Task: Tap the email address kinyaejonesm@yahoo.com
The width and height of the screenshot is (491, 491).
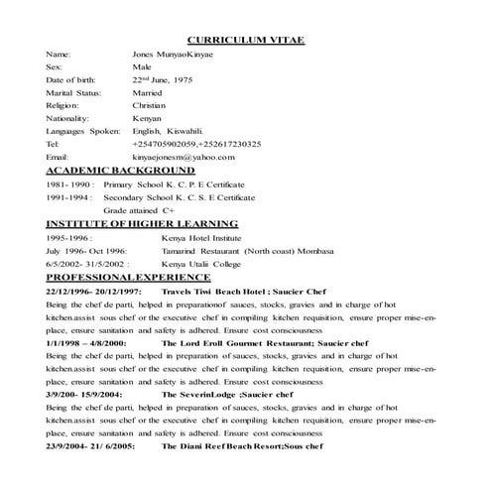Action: coord(184,157)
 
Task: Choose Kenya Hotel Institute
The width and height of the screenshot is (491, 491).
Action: coord(202,238)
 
